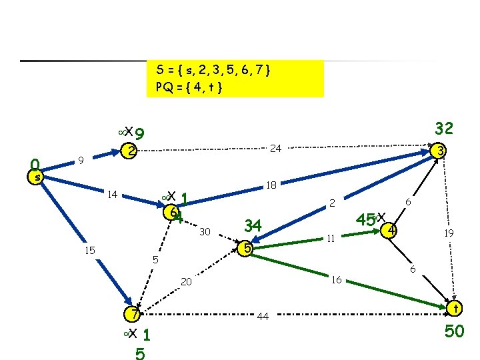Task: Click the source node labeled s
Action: [38, 177]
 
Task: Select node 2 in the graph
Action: [132, 152]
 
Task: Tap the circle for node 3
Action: [439, 152]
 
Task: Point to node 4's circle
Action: [392, 231]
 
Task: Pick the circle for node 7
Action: [134, 314]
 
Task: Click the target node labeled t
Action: [455, 309]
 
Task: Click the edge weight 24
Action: [275, 148]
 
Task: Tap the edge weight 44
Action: [263, 317]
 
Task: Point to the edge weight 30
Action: [205, 232]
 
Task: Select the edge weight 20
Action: [187, 282]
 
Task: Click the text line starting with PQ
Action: [189, 87]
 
